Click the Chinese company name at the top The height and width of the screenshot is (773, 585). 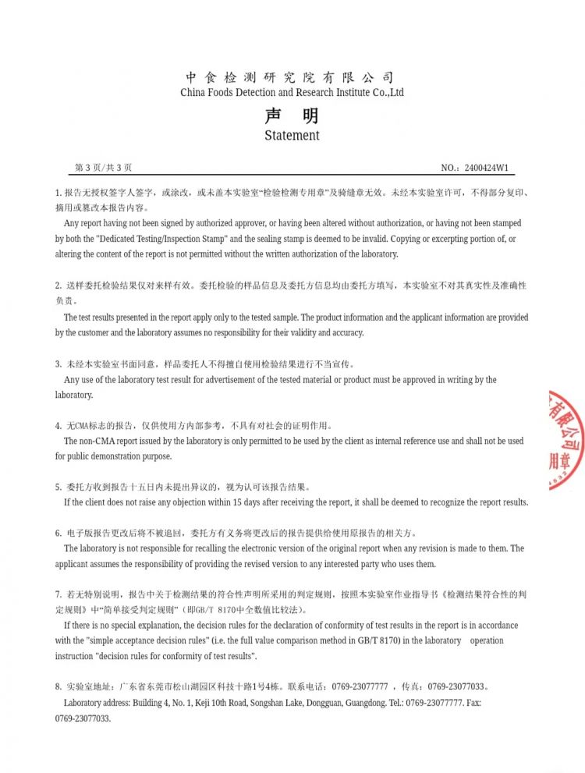point(291,77)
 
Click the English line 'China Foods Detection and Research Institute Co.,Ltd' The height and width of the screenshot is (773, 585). point(292,92)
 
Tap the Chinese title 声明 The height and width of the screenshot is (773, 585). point(292,116)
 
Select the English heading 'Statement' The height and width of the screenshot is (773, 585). point(292,135)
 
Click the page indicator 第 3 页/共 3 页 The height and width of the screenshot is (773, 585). point(103,168)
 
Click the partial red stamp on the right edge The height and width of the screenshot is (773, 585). point(567,441)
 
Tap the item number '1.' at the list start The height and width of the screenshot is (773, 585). point(58,193)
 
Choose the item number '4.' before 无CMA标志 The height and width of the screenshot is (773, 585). point(58,426)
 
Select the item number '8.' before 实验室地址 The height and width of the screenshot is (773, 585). point(58,687)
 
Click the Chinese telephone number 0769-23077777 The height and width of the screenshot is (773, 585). point(360,687)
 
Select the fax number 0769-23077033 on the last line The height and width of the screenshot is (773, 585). point(83,718)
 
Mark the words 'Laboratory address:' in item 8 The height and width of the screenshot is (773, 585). point(96,703)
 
